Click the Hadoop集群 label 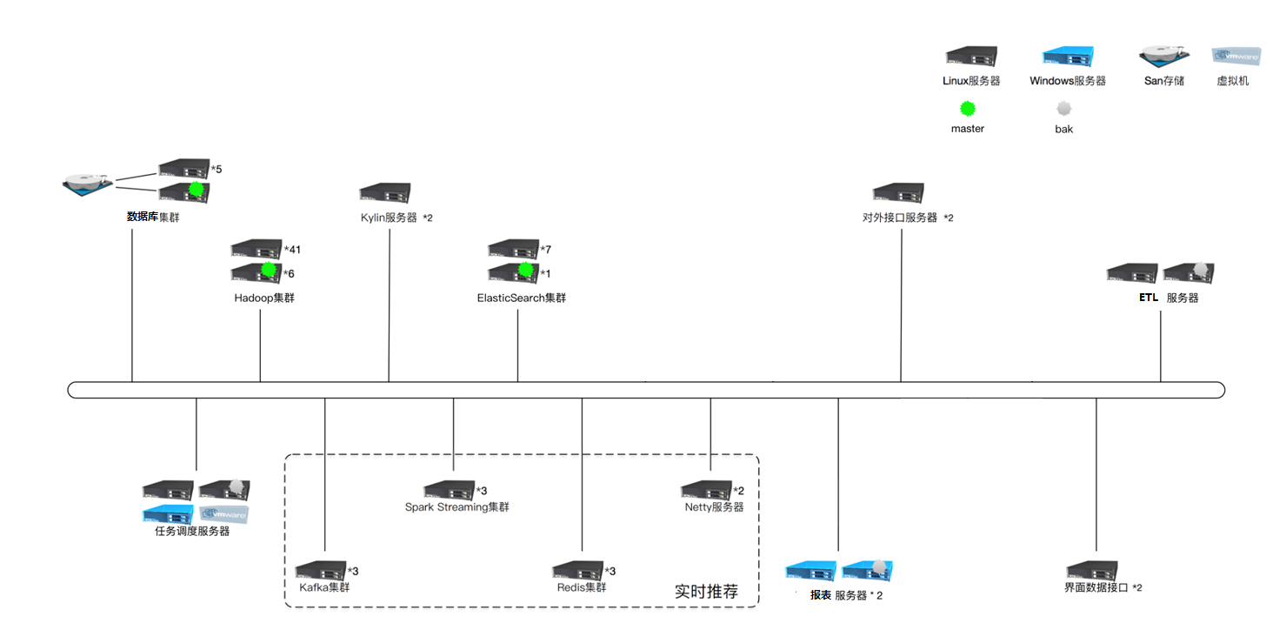pos(264,298)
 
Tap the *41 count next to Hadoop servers pos(292,250)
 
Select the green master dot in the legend pos(967,109)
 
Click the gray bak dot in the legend pos(1063,110)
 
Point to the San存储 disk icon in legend pos(1164,57)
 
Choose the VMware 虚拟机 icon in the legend pos(1236,57)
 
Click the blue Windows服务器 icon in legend pos(1068,57)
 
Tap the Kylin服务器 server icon pos(385,193)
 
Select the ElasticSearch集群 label pos(521,298)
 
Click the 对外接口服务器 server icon pos(898,193)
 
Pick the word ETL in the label pos(1149,298)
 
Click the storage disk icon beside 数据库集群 pos(89,182)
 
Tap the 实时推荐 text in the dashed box pos(706,592)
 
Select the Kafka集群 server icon pos(321,571)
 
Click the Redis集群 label pos(582,587)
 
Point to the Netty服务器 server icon pos(707,490)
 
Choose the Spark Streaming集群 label pos(456,506)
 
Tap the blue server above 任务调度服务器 pos(169,513)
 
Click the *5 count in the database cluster pos(217,169)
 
